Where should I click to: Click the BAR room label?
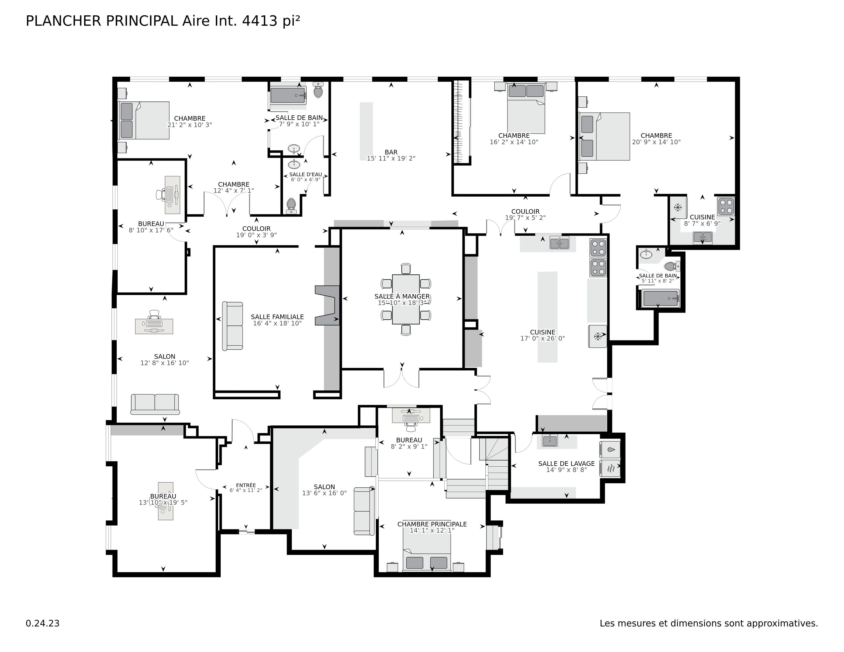pos(391,152)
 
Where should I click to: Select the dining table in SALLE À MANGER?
pos(406,299)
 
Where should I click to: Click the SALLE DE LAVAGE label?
pos(566,464)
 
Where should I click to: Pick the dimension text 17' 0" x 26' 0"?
pos(542,338)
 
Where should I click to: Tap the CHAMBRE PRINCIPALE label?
pos(432,524)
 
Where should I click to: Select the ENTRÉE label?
pos(246,485)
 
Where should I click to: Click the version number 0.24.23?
pos(42,623)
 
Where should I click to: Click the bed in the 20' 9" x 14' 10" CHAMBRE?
pos(604,136)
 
